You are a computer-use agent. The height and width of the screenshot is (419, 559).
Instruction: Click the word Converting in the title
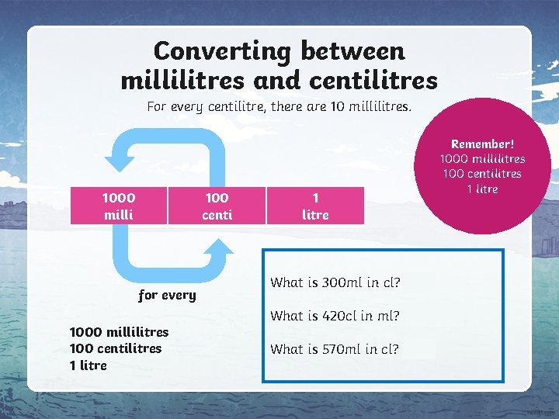click(x=222, y=51)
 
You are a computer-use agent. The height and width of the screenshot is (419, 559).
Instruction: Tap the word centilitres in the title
click(x=373, y=80)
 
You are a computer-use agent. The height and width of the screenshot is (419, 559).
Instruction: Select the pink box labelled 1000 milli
click(x=119, y=206)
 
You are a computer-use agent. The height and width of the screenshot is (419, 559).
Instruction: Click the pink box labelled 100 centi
click(x=217, y=206)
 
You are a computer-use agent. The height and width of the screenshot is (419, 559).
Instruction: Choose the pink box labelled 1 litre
click(x=315, y=206)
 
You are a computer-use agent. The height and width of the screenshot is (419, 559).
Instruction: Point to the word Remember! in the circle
click(x=482, y=144)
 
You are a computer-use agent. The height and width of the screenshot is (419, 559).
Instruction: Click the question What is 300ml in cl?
click(x=335, y=282)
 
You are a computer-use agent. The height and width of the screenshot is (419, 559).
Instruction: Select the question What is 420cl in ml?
click(x=335, y=316)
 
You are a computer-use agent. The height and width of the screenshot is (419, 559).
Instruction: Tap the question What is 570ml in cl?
click(x=335, y=349)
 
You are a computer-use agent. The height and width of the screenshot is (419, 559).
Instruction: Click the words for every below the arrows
click(x=167, y=296)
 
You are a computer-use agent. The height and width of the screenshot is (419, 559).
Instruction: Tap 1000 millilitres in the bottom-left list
click(x=119, y=332)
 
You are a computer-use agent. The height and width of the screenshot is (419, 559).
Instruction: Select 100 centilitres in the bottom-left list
click(x=116, y=348)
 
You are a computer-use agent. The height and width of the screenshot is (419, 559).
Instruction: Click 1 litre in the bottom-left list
click(x=89, y=365)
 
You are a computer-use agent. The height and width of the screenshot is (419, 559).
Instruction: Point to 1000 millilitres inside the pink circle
click(x=482, y=159)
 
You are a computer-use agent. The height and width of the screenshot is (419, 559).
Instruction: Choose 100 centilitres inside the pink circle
click(x=482, y=174)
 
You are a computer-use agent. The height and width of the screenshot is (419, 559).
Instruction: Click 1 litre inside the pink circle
click(x=482, y=189)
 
